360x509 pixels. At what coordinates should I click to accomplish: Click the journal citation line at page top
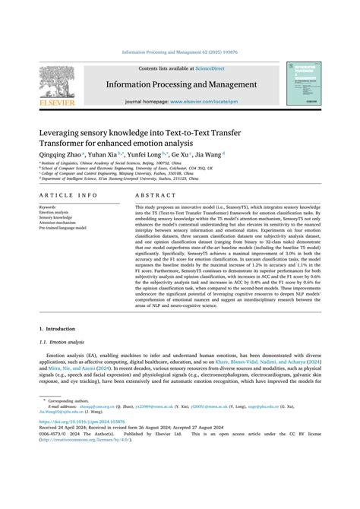pyautogui.click(x=179, y=53)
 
